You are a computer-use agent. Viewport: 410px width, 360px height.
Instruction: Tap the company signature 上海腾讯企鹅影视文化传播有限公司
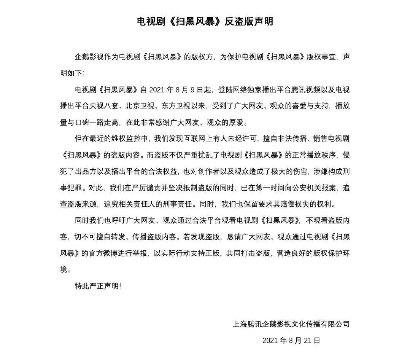point(291,325)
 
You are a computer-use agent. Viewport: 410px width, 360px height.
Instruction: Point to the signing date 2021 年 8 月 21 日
point(291,340)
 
